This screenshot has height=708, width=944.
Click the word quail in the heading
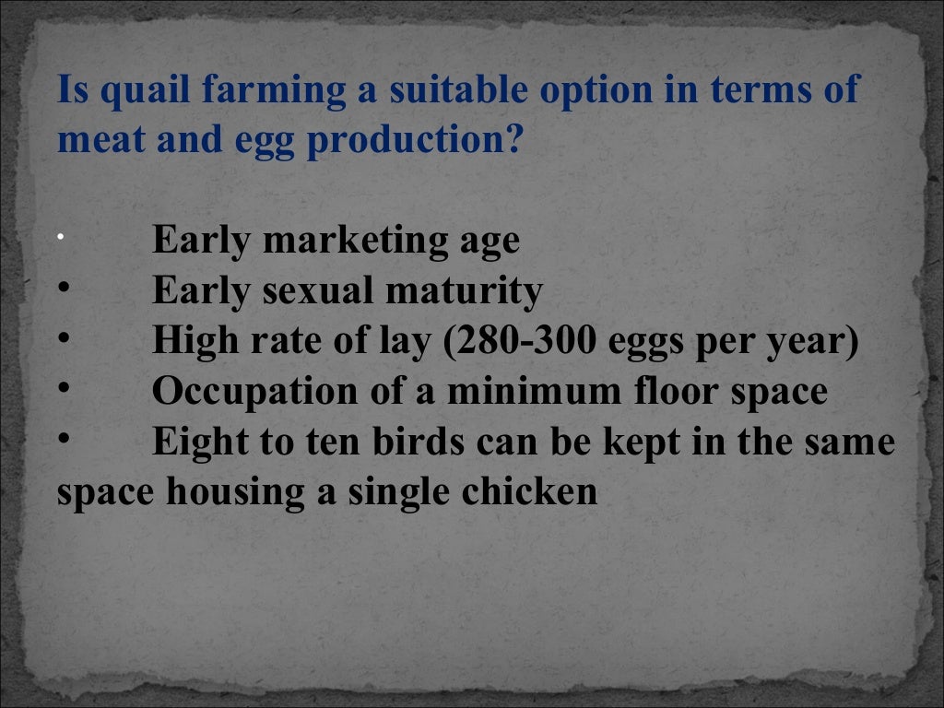coord(128,90)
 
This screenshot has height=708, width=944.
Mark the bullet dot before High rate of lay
coord(64,339)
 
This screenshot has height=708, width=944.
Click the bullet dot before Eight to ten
coord(64,440)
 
